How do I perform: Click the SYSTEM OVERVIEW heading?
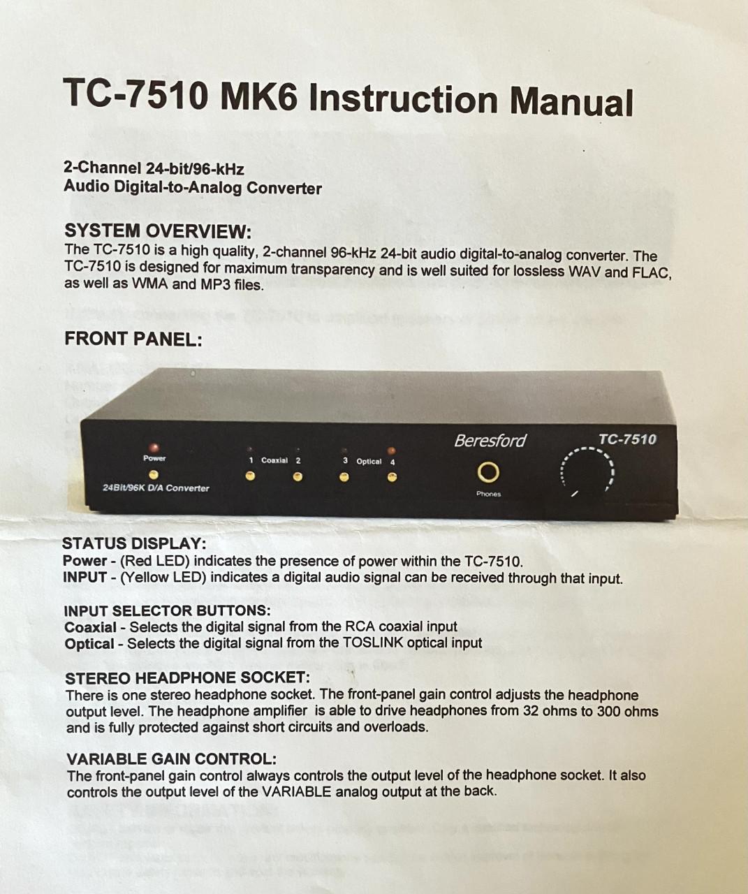coord(157,231)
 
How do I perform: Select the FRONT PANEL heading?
coord(133,339)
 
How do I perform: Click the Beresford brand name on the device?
coord(490,441)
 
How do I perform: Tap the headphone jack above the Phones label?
coord(488,474)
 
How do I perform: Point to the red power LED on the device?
coord(154,447)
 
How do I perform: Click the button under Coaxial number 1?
coord(249,476)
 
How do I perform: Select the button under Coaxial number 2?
coord(298,477)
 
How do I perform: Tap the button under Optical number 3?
coord(344,478)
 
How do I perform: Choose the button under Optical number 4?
coord(392,478)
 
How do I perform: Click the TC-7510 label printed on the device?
coord(627,439)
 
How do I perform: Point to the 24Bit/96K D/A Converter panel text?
coord(156,488)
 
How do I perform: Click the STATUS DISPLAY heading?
coord(134,543)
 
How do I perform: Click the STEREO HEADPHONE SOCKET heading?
coord(187,678)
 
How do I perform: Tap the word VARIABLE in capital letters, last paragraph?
coord(297,792)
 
